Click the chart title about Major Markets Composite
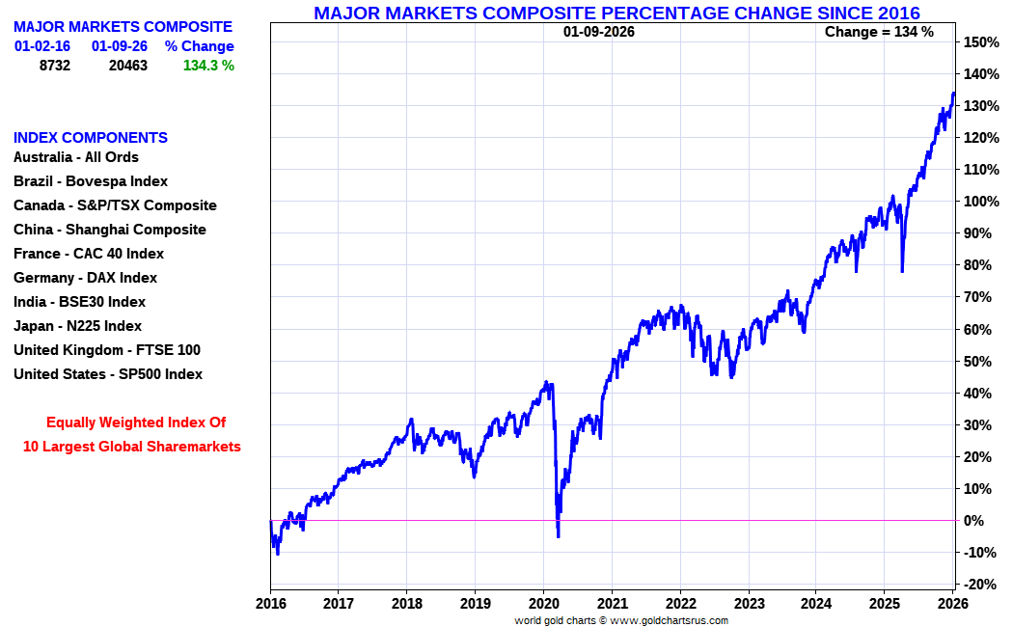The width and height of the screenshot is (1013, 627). [x=616, y=13]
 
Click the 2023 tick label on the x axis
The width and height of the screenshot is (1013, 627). [x=748, y=603]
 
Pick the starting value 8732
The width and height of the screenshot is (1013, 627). [x=55, y=66]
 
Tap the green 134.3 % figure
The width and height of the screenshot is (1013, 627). [x=208, y=66]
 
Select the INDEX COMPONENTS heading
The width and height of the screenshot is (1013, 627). [x=91, y=138]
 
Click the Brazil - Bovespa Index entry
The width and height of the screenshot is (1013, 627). [x=91, y=181]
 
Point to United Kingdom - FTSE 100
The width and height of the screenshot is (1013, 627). [x=107, y=350]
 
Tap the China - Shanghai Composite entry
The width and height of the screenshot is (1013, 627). [x=110, y=230]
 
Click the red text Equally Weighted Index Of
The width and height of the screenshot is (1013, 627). [x=136, y=423]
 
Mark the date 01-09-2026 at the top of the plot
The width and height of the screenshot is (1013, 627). [x=599, y=32]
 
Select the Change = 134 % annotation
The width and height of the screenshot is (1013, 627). [x=879, y=32]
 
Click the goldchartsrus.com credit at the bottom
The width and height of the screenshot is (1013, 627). [x=621, y=620]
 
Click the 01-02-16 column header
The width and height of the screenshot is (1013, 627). [x=41, y=46]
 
